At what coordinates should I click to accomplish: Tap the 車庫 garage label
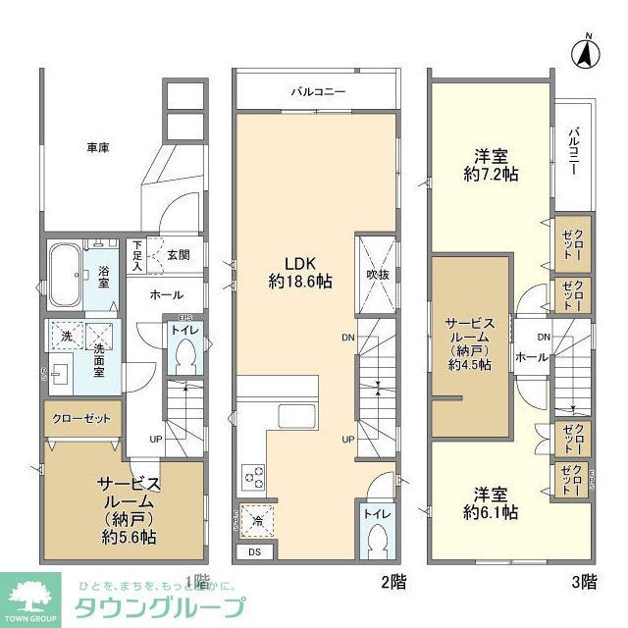point(97,148)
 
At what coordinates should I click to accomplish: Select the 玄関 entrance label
point(178,254)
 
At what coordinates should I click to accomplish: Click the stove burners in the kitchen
point(251,479)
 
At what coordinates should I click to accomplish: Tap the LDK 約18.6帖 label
point(299,272)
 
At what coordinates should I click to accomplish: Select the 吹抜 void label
point(378,275)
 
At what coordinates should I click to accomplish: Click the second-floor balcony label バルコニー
point(317,93)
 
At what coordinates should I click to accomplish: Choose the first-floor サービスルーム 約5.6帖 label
point(126,510)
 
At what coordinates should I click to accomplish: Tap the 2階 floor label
point(392,581)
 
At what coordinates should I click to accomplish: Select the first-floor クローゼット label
point(82,418)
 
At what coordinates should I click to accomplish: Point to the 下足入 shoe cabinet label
point(138,255)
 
